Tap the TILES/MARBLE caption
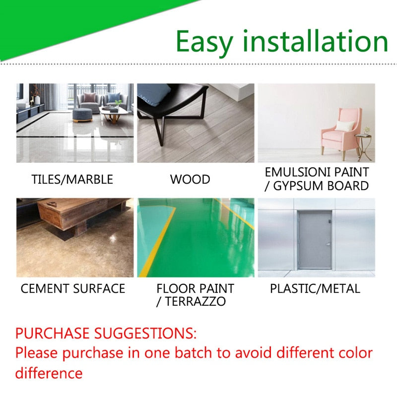click(72, 179)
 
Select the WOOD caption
click(190, 179)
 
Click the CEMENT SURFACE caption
click(73, 288)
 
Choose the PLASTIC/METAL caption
click(315, 288)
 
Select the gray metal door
click(315, 240)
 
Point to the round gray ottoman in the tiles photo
click(82, 115)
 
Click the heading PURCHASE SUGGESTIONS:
click(106, 332)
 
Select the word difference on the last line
click(49, 373)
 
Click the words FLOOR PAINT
click(195, 288)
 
